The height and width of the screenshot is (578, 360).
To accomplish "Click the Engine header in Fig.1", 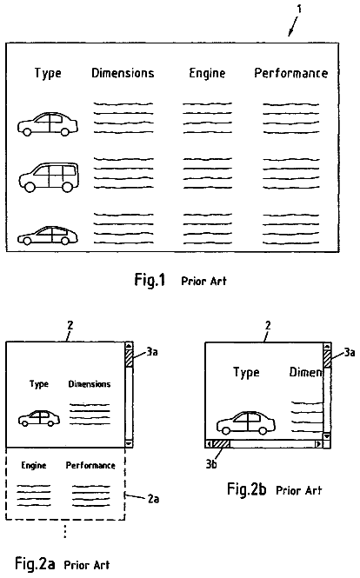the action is [x=207, y=73].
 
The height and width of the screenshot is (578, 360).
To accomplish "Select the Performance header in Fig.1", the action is [x=291, y=73].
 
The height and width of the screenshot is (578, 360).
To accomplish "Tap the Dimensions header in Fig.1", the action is [x=123, y=73].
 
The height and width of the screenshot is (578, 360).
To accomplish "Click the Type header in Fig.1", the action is [x=48, y=73].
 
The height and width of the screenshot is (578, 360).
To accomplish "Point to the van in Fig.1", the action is [x=49, y=177].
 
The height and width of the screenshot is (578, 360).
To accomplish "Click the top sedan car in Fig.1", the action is [x=48, y=123].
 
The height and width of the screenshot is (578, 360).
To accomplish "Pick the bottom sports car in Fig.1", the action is [x=48, y=236].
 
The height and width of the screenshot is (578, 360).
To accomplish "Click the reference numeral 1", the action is [x=299, y=9].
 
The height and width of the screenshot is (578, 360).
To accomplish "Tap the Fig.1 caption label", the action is [x=150, y=280].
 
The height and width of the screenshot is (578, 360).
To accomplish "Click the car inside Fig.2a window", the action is [x=39, y=418].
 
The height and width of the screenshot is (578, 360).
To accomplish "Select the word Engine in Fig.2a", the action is [x=34, y=466].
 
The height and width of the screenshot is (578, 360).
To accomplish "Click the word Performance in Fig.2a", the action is [x=90, y=465].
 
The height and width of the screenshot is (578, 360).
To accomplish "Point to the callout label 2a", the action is [x=153, y=499].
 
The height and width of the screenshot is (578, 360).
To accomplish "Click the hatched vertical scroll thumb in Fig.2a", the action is [x=129, y=357].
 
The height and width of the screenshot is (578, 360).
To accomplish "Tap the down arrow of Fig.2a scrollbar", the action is [x=129, y=443].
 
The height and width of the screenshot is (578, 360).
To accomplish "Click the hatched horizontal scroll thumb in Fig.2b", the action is [x=221, y=444].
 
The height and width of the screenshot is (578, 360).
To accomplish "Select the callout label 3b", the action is [x=211, y=464].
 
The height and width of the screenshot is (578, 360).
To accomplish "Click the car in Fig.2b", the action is [x=246, y=422].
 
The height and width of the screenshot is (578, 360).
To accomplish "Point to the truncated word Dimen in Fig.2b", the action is [x=306, y=372].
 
